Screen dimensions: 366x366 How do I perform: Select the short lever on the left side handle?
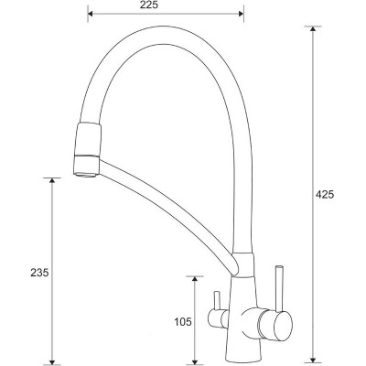[x=216, y=301]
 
